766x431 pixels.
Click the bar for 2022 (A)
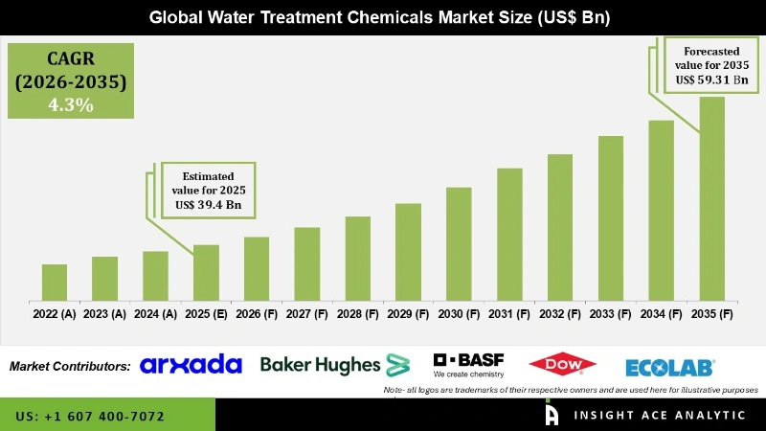55,283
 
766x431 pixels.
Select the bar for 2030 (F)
459,243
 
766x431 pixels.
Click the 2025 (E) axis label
206,314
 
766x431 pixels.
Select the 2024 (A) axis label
155,314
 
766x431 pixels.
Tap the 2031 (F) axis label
509,314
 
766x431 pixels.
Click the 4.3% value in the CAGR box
71,105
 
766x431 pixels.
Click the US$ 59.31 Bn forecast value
711,79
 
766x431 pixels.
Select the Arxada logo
191,365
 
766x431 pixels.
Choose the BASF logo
468,364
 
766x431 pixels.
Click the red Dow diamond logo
562,364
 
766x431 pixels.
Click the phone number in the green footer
90,417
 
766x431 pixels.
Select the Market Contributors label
70,366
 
